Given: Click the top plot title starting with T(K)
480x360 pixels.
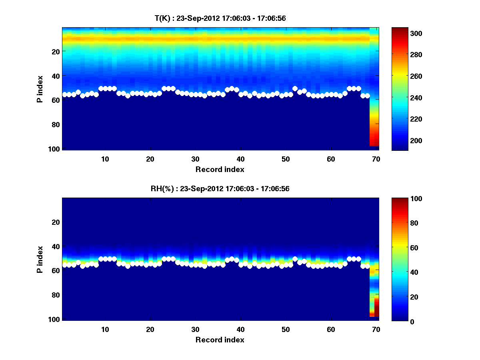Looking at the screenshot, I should coord(220,18).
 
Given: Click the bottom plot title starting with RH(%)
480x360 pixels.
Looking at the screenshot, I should coord(220,188).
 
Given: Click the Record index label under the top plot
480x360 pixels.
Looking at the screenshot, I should coord(220,169).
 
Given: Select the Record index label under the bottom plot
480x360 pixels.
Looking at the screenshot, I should coord(220,340).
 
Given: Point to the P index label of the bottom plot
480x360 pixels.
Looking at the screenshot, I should coord(40,259).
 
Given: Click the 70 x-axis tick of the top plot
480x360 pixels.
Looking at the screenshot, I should coord(376,159).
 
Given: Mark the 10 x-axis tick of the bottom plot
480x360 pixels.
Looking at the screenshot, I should coord(105,329).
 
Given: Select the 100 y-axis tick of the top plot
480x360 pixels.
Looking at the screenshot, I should coord(55,149).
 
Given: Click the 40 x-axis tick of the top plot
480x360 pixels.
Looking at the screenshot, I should coord(240,159).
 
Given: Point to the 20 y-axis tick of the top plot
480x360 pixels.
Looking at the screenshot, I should coord(56,51).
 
